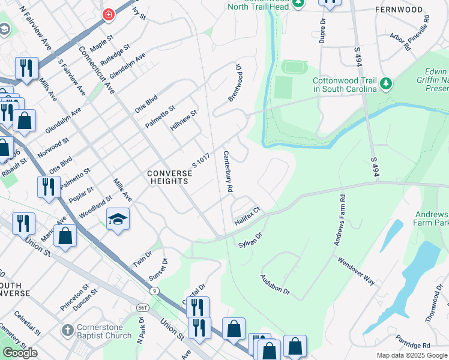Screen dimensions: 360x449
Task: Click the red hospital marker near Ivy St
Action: [108, 14]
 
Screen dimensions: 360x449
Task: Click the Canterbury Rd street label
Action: [228, 171]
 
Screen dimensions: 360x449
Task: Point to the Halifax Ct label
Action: [247, 216]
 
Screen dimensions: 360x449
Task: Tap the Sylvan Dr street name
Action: [250, 241]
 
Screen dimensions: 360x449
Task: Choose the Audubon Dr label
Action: [275, 284]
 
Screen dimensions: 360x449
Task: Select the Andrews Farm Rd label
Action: [340, 220]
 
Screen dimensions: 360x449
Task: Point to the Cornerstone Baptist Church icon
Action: [67, 331]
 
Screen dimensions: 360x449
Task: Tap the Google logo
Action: [20, 353]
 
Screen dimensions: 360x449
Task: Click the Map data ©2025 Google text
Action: [412, 355]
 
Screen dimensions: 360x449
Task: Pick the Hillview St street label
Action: [184, 121]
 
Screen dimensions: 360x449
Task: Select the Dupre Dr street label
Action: [322, 29]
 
